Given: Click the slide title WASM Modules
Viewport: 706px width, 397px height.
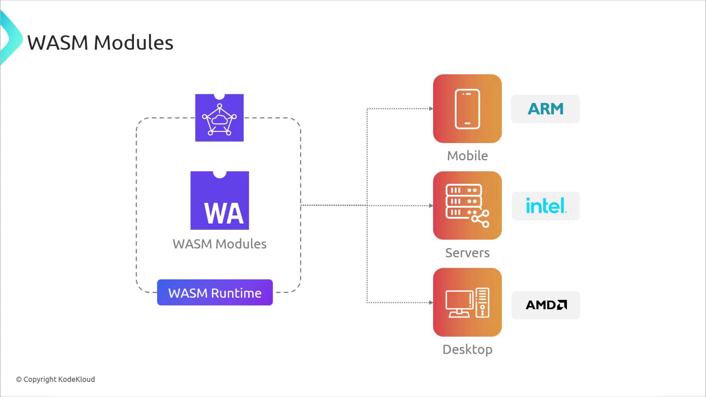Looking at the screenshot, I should (x=100, y=43).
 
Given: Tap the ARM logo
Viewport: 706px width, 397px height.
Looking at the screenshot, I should (x=545, y=109).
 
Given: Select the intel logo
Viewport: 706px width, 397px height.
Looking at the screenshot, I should (x=546, y=206).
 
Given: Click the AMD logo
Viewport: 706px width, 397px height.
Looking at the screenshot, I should (x=546, y=305).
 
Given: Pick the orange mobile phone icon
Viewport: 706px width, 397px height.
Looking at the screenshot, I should (x=467, y=109).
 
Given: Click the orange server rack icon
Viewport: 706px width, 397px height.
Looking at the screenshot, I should (x=467, y=205).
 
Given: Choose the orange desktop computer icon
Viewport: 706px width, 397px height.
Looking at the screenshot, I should (x=467, y=302).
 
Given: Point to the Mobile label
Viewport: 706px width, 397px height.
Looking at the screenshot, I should (x=467, y=156).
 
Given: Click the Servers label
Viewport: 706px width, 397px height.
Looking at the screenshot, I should (x=467, y=253).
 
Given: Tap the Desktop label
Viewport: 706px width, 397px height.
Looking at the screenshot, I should (x=467, y=350).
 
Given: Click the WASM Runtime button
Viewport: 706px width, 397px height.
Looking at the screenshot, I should (x=215, y=293).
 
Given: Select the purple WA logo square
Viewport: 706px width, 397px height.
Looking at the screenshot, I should (x=220, y=201).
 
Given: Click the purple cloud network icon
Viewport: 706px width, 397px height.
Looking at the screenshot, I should (x=219, y=118).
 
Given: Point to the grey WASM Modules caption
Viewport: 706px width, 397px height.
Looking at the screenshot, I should (x=220, y=244).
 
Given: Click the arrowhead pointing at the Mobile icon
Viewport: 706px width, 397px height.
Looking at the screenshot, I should (x=431, y=109).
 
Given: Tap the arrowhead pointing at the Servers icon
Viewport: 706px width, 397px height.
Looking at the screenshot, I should (x=431, y=206).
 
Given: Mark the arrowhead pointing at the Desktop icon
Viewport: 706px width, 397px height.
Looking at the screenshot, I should (x=431, y=303).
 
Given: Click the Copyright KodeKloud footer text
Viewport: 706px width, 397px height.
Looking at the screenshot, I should (x=56, y=379).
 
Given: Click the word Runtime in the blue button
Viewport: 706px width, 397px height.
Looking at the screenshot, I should (x=236, y=293).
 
